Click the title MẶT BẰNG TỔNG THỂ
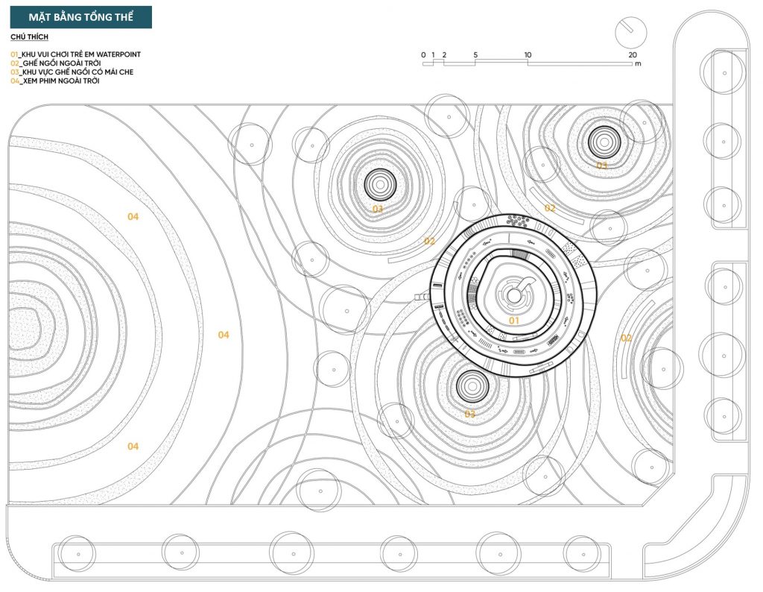tap(80, 18)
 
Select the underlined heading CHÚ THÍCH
tap(29, 37)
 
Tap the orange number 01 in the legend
tap(14, 54)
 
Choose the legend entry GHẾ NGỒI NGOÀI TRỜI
tap(62, 63)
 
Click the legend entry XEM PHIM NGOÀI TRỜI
tap(61, 81)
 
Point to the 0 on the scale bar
tap(423, 55)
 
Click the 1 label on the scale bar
tap(434, 55)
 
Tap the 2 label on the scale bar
tap(444, 55)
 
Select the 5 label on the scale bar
tap(475, 55)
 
